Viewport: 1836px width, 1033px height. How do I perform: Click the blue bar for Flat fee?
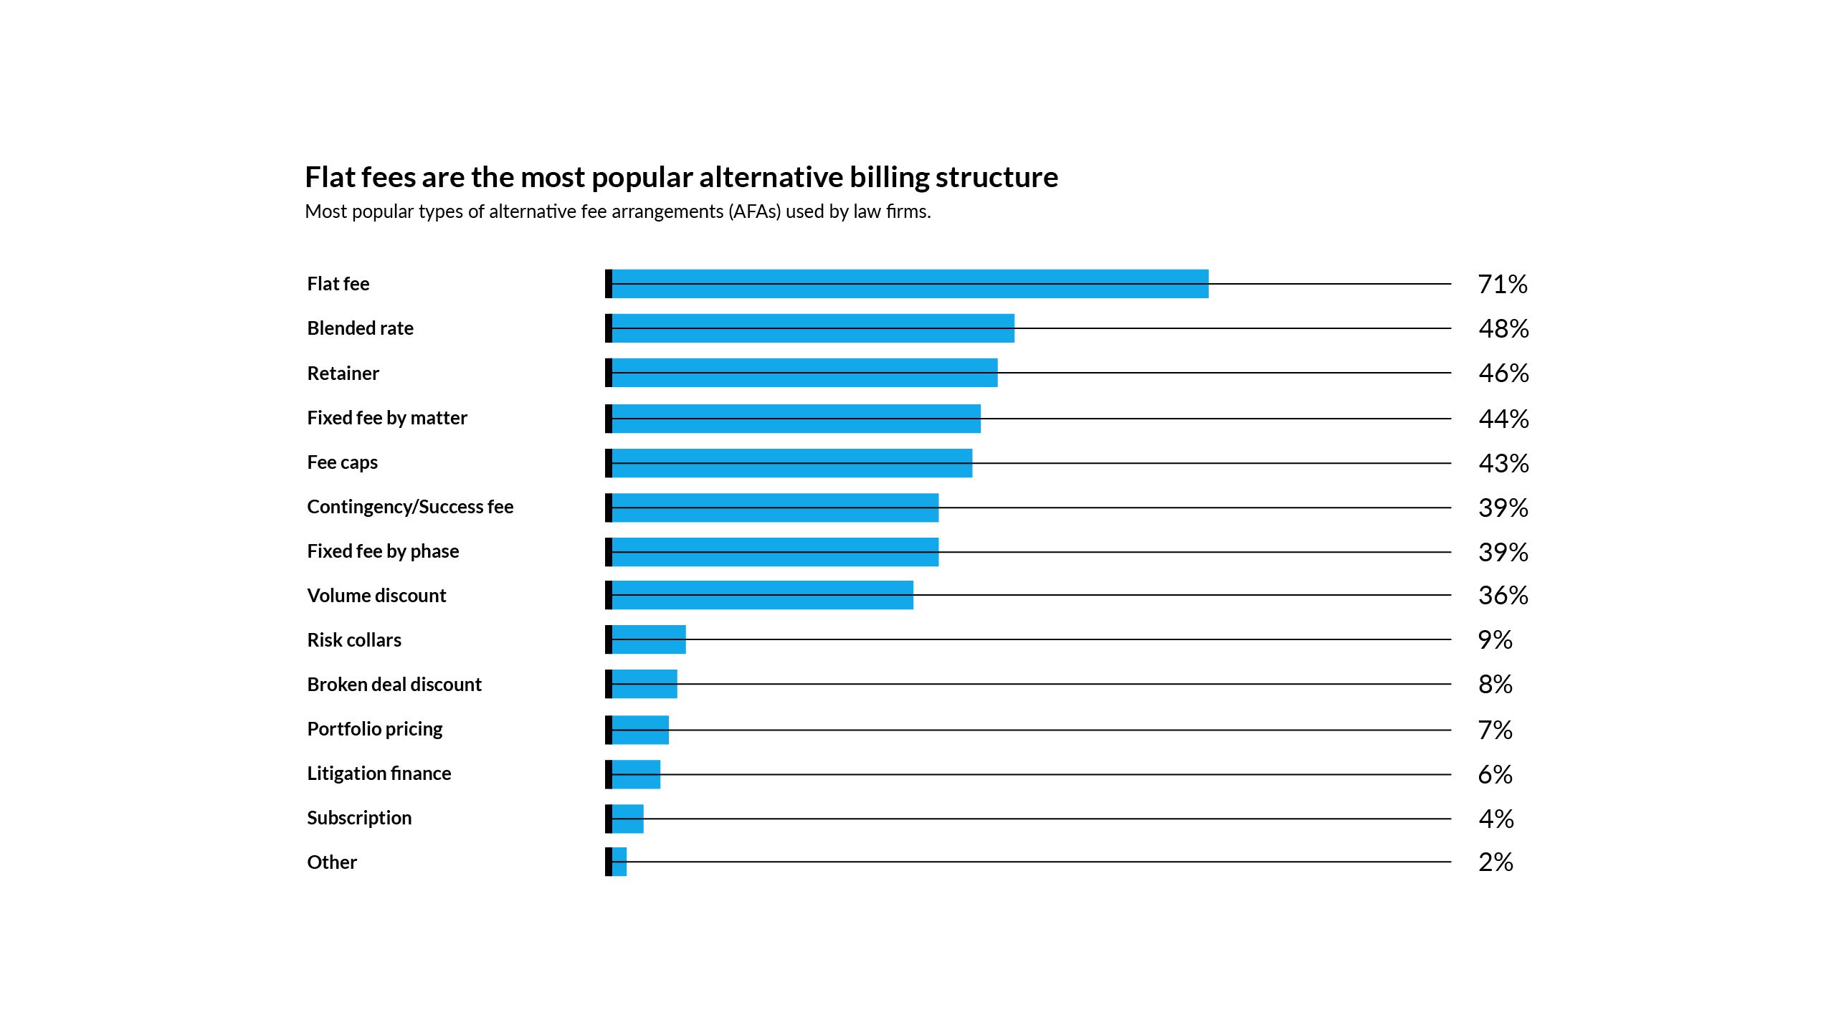[x=909, y=284]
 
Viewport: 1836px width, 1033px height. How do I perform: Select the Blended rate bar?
[x=812, y=328]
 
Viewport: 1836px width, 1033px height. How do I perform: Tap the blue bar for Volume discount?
[x=762, y=595]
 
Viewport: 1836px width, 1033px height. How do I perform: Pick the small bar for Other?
[x=619, y=862]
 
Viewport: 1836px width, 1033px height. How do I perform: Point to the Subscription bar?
[x=627, y=819]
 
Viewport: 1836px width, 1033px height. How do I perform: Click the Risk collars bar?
[x=648, y=639]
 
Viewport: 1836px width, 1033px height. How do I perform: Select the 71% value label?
[x=1503, y=285]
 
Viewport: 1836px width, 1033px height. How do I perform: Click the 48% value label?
[x=1503, y=329]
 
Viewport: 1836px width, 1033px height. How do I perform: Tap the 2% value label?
[x=1495, y=862]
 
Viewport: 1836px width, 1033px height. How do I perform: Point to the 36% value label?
[x=1503, y=596]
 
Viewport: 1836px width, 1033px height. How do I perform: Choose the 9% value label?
[x=1495, y=640]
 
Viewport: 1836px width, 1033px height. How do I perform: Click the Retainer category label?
[x=343, y=373]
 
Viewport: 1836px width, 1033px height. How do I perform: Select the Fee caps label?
[x=342, y=462]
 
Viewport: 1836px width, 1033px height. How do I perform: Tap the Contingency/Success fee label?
[x=410, y=507]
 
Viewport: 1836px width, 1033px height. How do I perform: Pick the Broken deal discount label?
[x=394, y=685]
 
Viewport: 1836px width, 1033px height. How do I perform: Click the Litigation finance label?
[x=379, y=773]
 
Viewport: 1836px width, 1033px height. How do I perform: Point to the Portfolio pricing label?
[x=375, y=729]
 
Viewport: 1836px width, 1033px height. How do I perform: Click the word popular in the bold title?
[x=642, y=178]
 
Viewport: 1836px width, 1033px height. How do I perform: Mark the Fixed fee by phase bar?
[x=774, y=552]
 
